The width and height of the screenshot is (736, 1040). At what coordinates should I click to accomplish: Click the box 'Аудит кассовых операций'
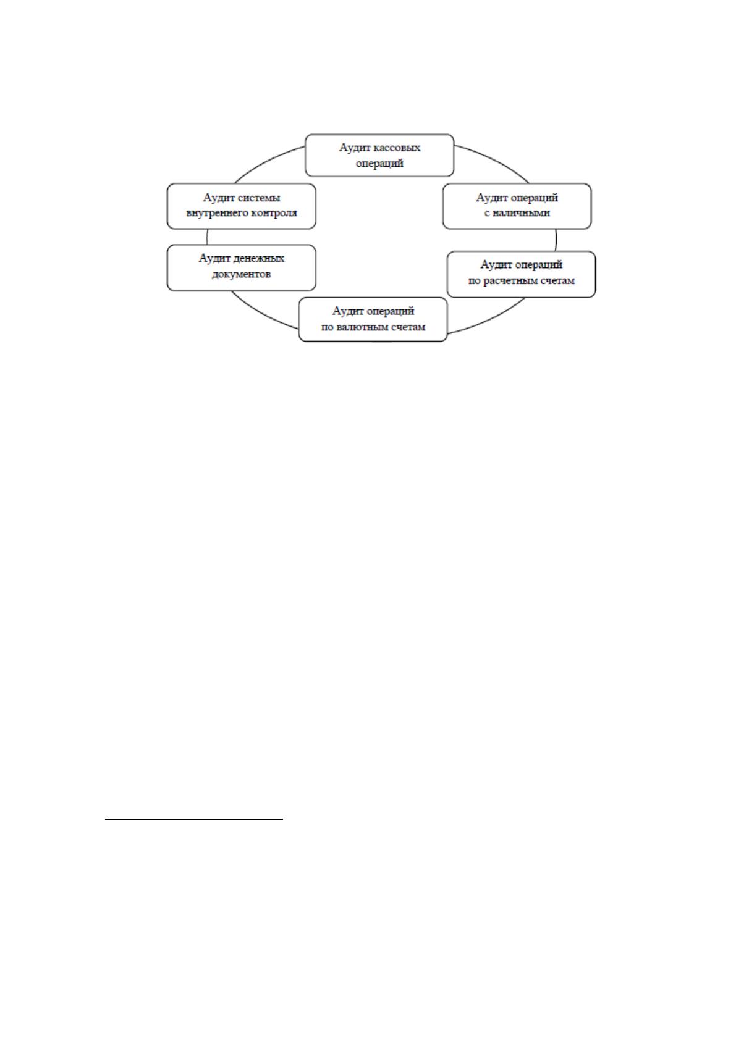click(379, 156)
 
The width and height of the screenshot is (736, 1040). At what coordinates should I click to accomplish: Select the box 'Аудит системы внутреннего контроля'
click(241, 206)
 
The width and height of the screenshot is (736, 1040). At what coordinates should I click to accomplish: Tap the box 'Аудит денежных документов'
click(241, 268)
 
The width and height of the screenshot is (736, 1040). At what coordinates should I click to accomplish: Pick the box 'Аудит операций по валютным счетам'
click(373, 319)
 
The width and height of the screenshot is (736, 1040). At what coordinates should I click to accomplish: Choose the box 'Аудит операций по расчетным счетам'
click(521, 274)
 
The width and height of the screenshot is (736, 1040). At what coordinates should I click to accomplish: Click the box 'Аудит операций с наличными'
click(517, 206)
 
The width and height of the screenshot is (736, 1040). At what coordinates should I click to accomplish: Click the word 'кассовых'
click(400, 148)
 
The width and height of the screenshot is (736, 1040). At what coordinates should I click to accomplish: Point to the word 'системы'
click(261, 198)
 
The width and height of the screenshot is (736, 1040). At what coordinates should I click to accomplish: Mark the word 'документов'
click(241, 274)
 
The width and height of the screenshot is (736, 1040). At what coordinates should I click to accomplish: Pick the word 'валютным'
click(363, 327)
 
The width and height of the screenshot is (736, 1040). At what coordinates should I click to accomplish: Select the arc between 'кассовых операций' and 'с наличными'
click(494, 161)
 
